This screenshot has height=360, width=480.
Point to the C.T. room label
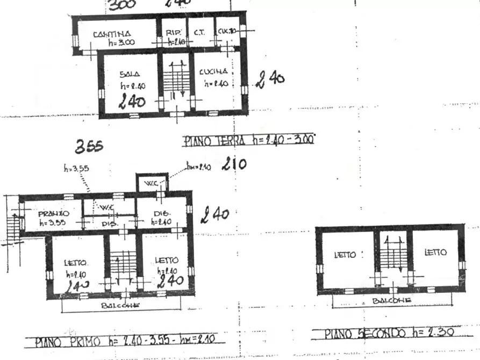[x=199, y=32]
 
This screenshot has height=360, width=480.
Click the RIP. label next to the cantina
[x=173, y=32]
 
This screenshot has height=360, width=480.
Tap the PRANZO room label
[x=54, y=213]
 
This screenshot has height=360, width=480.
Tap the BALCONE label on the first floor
[x=121, y=305]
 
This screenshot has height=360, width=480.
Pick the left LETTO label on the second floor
[x=345, y=255]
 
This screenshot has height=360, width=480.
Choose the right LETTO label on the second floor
[x=435, y=253]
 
